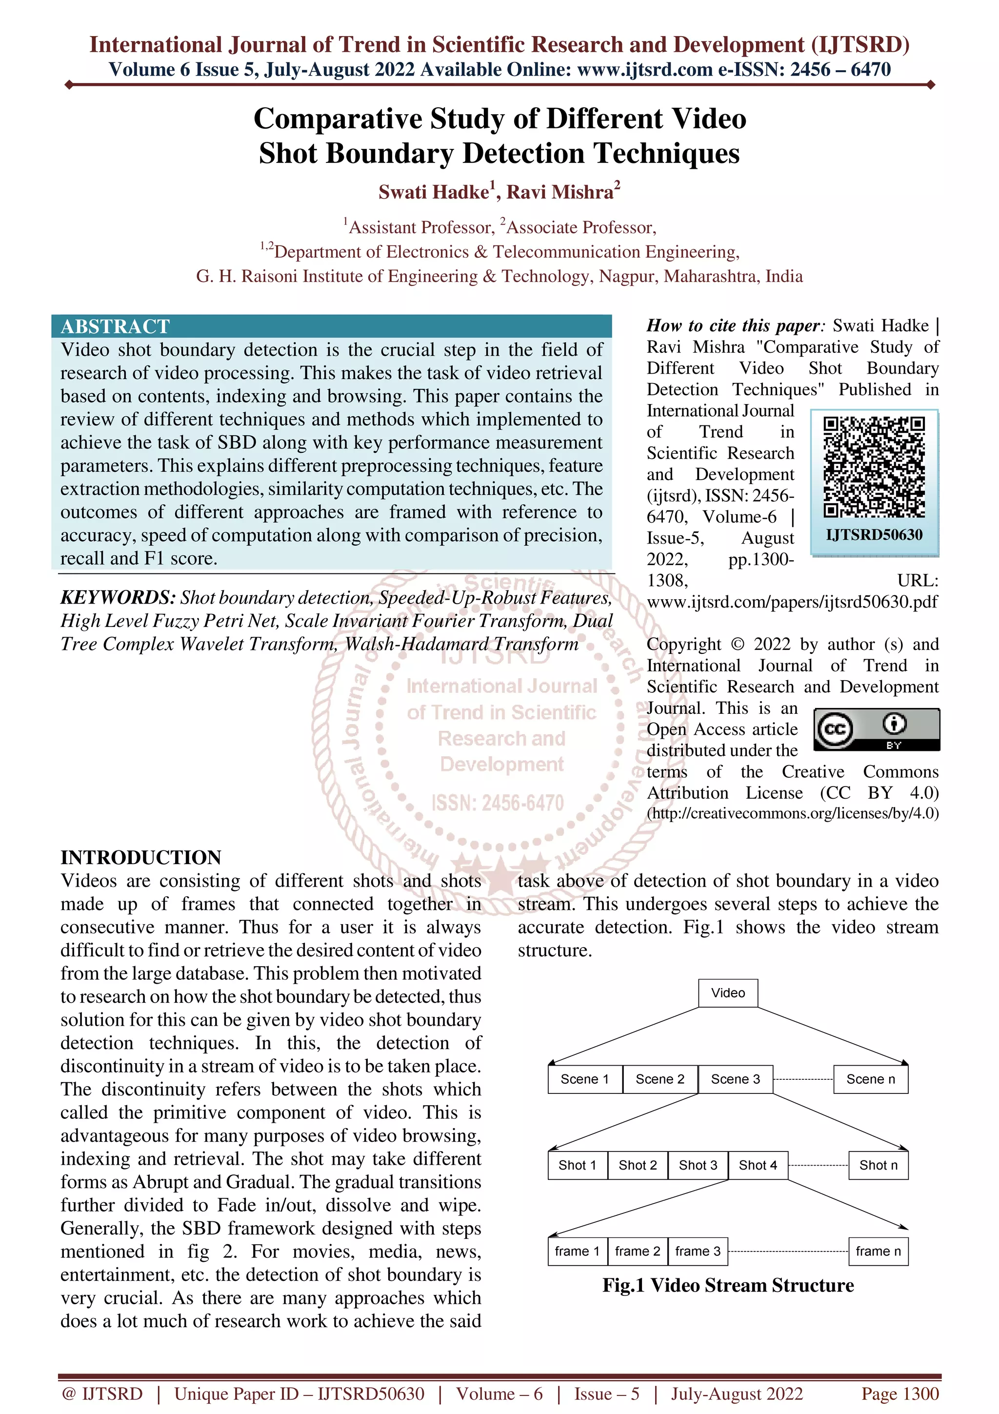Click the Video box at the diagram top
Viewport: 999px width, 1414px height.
[x=728, y=993]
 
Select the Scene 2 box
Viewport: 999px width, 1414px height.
[x=660, y=1079]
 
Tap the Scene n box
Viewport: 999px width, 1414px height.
[x=870, y=1079]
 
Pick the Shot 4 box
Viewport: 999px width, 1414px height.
[x=758, y=1165]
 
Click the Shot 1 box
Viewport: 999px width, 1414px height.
[x=578, y=1165]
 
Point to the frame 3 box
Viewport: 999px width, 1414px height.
[x=698, y=1252]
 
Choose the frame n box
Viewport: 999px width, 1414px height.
[x=878, y=1252]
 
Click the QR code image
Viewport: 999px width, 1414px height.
[x=874, y=467]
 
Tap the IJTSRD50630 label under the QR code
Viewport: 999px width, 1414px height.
[x=874, y=535]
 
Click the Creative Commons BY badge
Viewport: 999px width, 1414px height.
[x=877, y=729]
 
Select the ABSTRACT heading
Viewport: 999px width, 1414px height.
[x=115, y=326]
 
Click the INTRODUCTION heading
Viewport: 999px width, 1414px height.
[x=141, y=857]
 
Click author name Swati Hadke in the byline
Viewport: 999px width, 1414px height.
[x=433, y=192]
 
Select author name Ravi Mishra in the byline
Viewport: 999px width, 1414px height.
[x=559, y=192]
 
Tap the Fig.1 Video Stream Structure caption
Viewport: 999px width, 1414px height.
[x=728, y=1285]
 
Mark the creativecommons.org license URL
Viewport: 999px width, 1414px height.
[x=793, y=813]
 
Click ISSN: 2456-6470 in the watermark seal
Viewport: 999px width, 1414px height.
[x=498, y=803]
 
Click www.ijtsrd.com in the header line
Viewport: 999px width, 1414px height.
[x=645, y=70]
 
